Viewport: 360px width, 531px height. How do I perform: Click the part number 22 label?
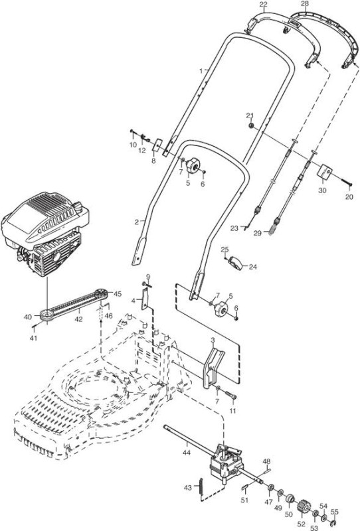pos(263,4)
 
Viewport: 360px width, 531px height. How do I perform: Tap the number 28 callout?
pos(305,3)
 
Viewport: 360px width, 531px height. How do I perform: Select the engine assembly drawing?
pos(45,234)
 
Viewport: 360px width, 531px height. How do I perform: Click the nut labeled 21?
pos(251,125)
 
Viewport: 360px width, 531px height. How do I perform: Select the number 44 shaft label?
pos(187,452)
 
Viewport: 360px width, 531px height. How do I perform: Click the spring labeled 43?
pos(200,486)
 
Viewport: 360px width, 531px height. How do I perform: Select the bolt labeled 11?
pos(230,395)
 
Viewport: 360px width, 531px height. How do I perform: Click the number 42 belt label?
pos(78,319)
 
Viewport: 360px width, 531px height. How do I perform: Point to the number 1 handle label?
pos(201,71)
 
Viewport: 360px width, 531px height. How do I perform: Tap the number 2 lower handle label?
pos(137,222)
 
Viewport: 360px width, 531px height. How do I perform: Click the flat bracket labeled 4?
pos(145,299)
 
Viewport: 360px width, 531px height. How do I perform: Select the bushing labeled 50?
pos(289,499)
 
